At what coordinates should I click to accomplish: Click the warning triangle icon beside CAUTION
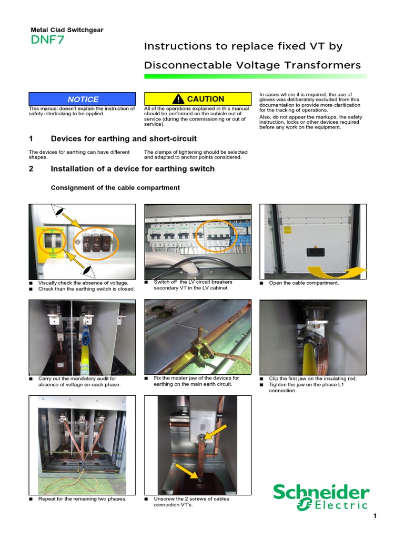(179, 99)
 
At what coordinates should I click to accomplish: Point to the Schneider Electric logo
(320, 497)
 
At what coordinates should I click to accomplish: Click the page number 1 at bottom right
(375, 516)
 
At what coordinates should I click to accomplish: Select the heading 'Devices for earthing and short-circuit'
(123, 139)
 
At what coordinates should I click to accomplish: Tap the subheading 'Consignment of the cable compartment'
(115, 188)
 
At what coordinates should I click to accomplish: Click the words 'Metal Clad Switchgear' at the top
(66, 30)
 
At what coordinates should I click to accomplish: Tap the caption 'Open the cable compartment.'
(304, 283)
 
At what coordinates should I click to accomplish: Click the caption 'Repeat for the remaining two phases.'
(82, 498)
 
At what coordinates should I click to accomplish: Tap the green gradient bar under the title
(255, 77)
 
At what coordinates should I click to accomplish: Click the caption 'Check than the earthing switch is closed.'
(86, 289)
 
